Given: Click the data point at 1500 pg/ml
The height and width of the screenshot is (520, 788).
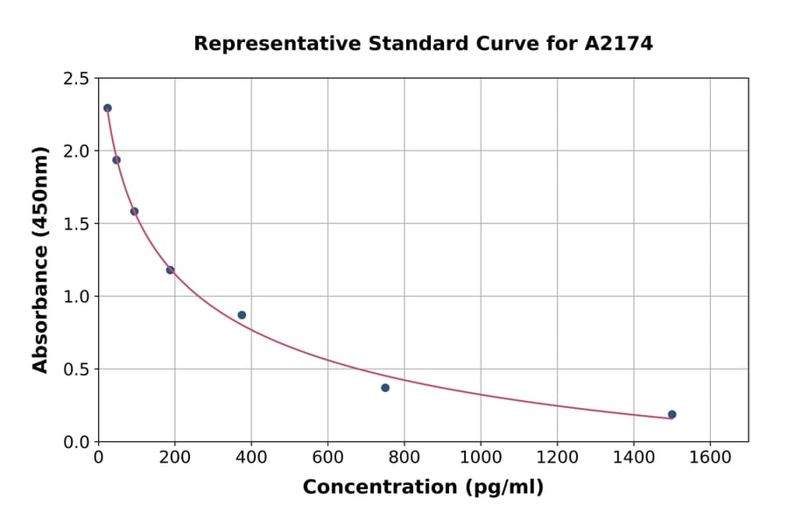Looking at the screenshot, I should [x=672, y=414].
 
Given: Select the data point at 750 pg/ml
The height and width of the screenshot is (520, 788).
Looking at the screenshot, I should [x=385, y=388].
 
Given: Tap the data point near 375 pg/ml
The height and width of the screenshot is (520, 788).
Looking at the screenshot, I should [x=242, y=315].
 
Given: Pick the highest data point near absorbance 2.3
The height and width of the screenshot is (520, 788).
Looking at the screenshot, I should [x=108, y=109].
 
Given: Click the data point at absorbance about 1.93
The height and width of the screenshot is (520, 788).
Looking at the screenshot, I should [x=116, y=160].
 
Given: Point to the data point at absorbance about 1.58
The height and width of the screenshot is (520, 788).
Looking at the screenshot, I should [x=134, y=211].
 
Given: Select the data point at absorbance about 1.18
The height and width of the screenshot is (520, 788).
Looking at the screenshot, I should [x=170, y=270].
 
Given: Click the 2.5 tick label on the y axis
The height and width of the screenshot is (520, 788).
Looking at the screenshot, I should [x=75, y=79].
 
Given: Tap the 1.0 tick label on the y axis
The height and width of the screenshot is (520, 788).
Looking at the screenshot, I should [x=75, y=297].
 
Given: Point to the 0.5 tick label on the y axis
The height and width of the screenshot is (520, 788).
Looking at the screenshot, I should [x=75, y=369].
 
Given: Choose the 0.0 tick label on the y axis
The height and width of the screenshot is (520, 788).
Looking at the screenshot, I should [x=75, y=442].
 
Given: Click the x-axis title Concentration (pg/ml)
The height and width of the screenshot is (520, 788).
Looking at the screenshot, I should [x=423, y=488].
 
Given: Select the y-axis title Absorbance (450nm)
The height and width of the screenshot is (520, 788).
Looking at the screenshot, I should [x=40, y=259].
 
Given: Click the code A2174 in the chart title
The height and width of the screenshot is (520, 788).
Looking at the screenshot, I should [x=618, y=44].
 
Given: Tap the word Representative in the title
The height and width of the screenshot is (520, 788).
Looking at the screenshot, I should [x=269, y=44].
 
